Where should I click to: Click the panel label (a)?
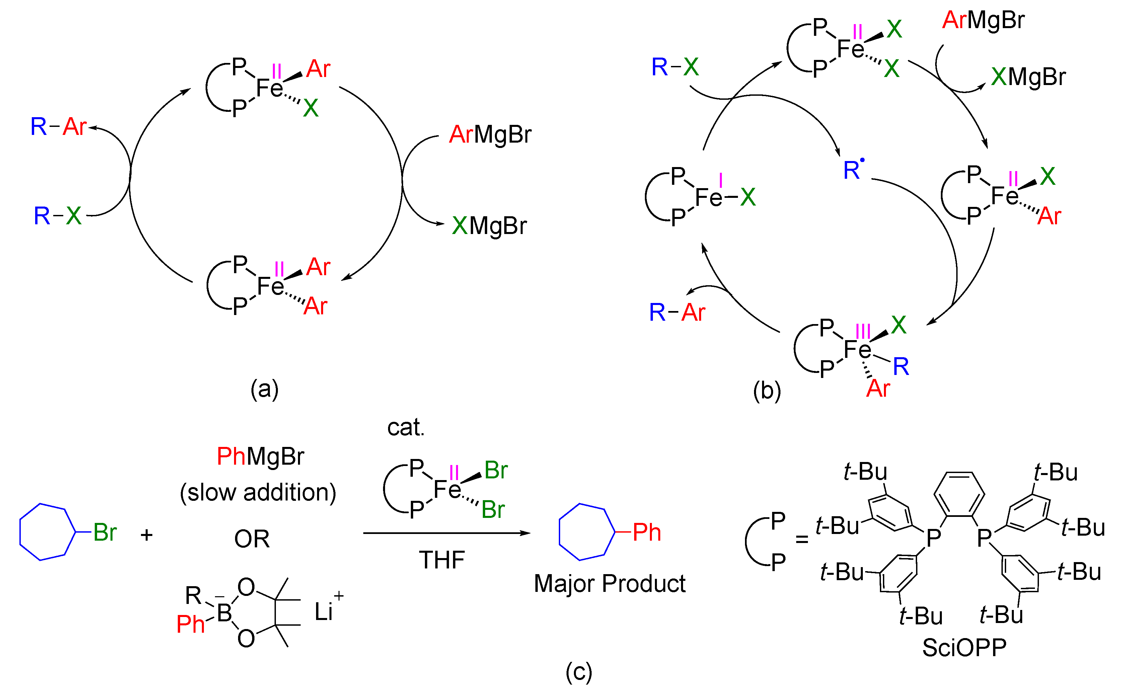pyautogui.click(x=264, y=389)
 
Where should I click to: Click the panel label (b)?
pyautogui.click(x=766, y=391)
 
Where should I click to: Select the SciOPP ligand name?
pyautogui.click(x=964, y=648)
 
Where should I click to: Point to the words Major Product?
pyautogui.click(x=609, y=584)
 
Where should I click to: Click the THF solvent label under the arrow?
pyautogui.click(x=441, y=560)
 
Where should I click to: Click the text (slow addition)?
pyautogui.click(x=257, y=492)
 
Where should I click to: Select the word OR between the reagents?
pyautogui.click(x=251, y=539)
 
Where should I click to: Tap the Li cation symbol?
pyautogui.click(x=323, y=612)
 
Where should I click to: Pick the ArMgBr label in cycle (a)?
pyautogui.click(x=490, y=135)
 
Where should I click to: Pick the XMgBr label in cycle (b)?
pyautogui.click(x=1028, y=77)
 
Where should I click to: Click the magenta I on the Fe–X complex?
pyautogui.click(x=720, y=180)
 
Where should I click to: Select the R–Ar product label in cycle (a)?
pyautogui.click(x=58, y=127)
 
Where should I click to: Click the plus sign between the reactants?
pyautogui.click(x=146, y=535)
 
